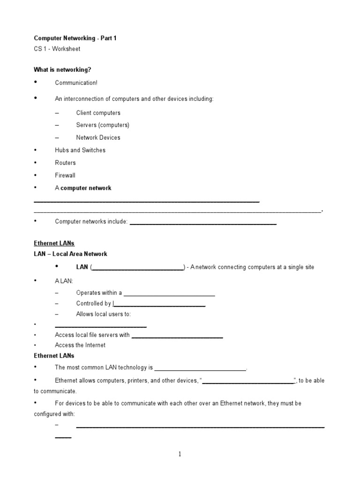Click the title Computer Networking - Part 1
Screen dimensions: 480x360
tap(75, 38)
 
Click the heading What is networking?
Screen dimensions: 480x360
tap(62, 70)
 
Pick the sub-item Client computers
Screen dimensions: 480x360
tap(98, 113)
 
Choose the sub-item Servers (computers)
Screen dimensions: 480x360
tap(103, 125)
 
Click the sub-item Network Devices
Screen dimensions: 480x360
tap(98, 138)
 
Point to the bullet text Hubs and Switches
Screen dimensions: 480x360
tap(80, 150)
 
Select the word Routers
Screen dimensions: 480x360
tap(65, 163)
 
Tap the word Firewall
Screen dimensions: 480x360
tap(65, 175)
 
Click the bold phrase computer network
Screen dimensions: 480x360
tap(86, 188)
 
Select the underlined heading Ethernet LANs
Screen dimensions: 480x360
tap(54, 243)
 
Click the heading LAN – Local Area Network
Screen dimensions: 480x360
tap(70, 254)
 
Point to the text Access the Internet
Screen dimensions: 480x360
tap(80, 345)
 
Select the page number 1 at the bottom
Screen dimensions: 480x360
tap(180, 454)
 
